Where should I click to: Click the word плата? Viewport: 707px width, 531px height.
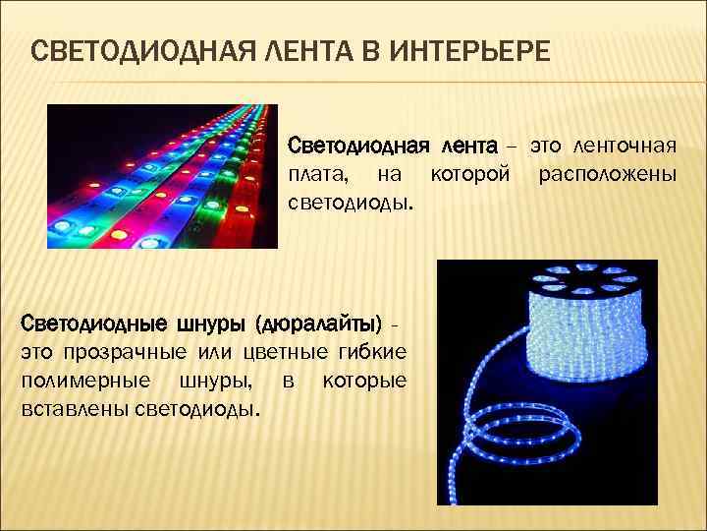click(313, 175)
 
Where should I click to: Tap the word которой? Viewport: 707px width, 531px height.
click(470, 175)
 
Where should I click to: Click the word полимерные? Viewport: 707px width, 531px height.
click(85, 380)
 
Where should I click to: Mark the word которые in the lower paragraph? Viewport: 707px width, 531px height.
click(364, 380)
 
